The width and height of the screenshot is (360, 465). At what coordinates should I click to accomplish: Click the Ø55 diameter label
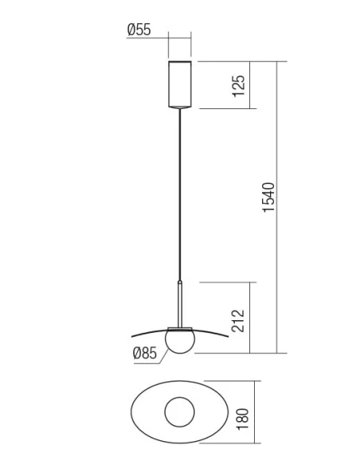click(139, 30)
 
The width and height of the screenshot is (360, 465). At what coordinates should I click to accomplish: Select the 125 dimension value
click(239, 84)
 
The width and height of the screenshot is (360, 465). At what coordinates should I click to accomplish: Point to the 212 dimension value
click(239, 318)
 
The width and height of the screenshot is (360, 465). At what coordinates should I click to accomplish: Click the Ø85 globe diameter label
click(145, 353)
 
